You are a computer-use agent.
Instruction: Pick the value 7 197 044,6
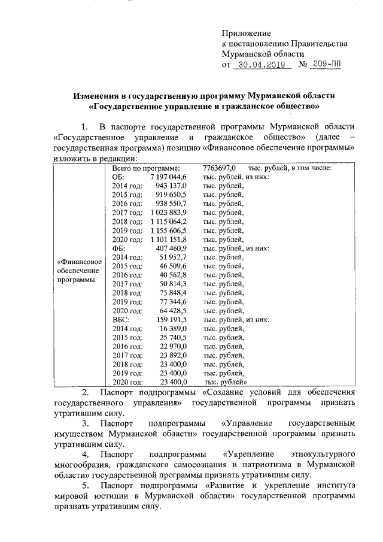coord(165,177)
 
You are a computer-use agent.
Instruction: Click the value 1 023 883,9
coord(165,213)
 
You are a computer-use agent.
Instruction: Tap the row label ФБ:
coord(119,248)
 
